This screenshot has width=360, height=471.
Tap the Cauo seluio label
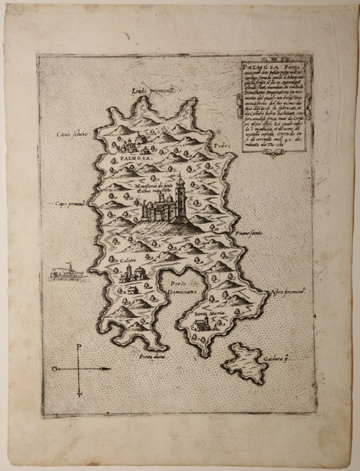click(x=72, y=134)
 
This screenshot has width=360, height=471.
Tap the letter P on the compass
click(x=78, y=346)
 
